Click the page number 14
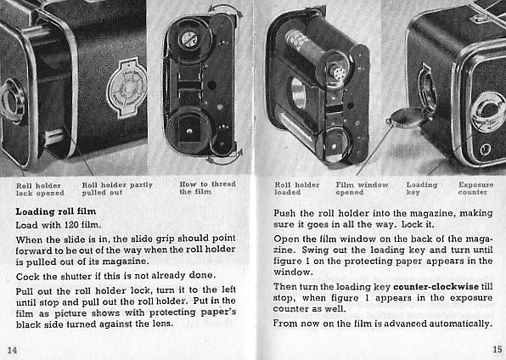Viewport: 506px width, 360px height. pyautogui.click(x=12, y=349)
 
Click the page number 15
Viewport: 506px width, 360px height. pyautogui.click(x=495, y=349)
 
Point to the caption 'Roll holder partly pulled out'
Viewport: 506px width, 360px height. pyautogui.click(x=117, y=188)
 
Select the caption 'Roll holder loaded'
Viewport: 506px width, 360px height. pyautogui.click(x=297, y=188)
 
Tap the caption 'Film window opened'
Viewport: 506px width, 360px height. pyautogui.click(x=362, y=188)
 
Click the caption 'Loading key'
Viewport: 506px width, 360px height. pyautogui.click(x=422, y=188)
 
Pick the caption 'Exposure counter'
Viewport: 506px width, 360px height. pyautogui.click(x=475, y=188)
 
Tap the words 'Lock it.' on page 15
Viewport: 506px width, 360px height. pyautogui.click(x=417, y=225)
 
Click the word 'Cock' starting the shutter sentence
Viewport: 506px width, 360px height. pyautogui.click(x=29, y=276)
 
